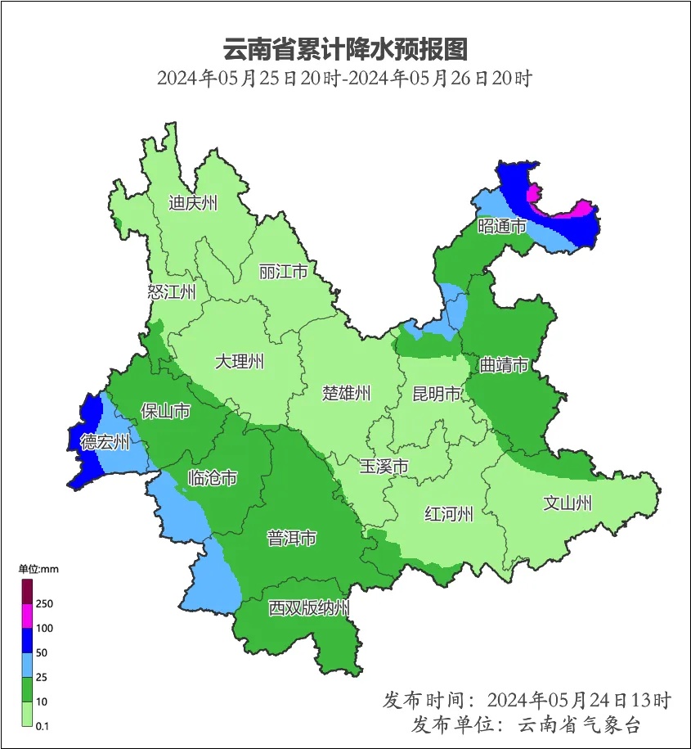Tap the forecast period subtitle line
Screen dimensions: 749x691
[345, 79]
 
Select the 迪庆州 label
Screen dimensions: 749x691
[193, 203]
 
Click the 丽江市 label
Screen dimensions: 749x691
[283, 271]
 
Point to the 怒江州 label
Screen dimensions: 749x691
[172, 292]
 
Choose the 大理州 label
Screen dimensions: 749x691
[240, 361]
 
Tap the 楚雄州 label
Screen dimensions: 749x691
[346, 393]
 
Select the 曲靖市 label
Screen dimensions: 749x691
[503, 365]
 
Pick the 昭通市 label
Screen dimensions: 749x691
[502, 226]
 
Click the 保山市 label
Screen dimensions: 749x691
[165, 410]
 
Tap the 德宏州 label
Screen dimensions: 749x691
[105, 443]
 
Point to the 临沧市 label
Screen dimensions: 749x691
[213, 477]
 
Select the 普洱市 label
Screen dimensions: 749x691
[292, 539]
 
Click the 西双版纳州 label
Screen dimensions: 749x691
[310, 608]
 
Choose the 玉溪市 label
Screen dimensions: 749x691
[384, 467]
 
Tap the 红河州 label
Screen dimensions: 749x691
[449, 514]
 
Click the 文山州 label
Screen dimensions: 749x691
[568, 503]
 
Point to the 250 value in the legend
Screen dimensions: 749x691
[44, 603]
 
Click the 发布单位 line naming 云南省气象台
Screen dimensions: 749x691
[526, 724]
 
